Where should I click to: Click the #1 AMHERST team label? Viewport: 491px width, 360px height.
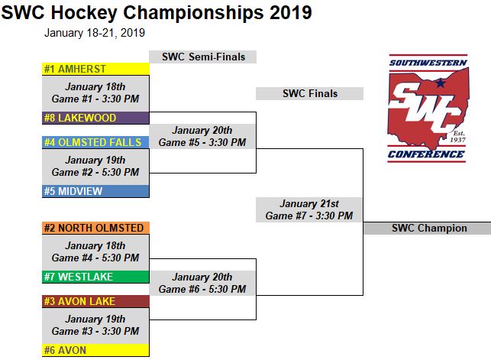pyautogui.click(x=75, y=69)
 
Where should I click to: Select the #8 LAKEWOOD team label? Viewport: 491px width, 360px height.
pyautogui.click(x=80, y=118)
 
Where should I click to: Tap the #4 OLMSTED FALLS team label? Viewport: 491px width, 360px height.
pyautogui.click(x=92, y=142)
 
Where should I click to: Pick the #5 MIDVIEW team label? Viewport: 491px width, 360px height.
pyautogui.click(x=73, y=191)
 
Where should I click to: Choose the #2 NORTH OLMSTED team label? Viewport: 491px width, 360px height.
pyautogui.click(x=94, y=228)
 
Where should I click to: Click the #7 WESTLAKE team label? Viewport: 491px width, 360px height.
pyautogui.click(x=79, y=277)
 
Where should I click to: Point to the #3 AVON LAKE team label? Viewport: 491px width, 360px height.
pyautogui.click(x=79, y=301)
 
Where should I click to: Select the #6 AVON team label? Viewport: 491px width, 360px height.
pyautogui.click(x=65, y=350)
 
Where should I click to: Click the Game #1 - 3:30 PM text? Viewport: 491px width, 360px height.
pyautogui.click(x=95, y=99)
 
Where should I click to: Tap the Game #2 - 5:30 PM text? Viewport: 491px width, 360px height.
pyautogui.click(x=95, y=172)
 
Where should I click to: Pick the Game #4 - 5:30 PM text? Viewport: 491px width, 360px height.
pyautogui.click(x=95, y=258)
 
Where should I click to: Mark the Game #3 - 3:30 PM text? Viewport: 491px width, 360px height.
pyautogui.click(x=95, y=331)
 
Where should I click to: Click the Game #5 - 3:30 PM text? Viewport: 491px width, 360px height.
pyautogui.click(x=202, y=142)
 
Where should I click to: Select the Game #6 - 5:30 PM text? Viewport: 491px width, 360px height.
pyautogui.click(x=202, y=289)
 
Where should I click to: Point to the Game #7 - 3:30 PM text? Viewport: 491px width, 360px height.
pyautogui.click(x=309, y=216)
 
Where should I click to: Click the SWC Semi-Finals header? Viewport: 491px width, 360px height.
pyautogui.click(x=204, y=57)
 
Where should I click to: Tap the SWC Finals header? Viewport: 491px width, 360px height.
pyautogui.click(x=310, y=93)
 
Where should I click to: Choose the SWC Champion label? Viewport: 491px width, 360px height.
pyautogui.click(x=429, y=228)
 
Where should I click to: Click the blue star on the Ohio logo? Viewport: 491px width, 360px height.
pyautogui.click(x=441, y=83)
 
